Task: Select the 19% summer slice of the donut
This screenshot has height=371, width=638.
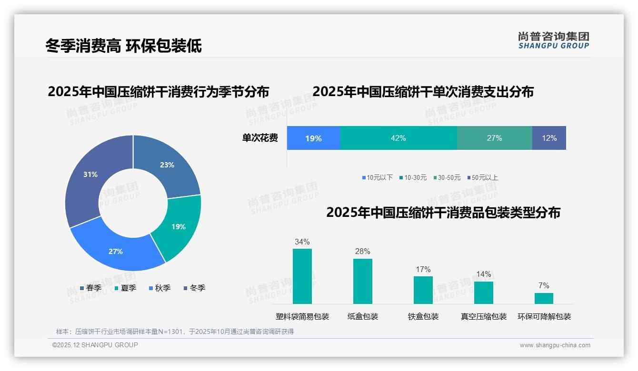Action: pyautogui.click(x=179, y=227)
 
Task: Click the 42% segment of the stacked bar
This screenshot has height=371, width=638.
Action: pyautogui.click(x=398, y=138)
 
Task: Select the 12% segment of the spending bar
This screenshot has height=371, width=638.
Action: pyautogui.click(x=549, y=138)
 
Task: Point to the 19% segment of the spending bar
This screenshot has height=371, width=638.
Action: pyautogui.click(x=313, y=138)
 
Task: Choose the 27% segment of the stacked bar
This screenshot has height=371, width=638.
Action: pyautogui.click(x=494, y=138)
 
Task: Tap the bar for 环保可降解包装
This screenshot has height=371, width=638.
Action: pyautogui.click(x=544, y=298)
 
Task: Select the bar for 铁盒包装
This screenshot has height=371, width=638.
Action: pyautogui.click(x=423, y=290)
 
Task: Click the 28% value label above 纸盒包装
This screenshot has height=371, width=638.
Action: pyautogui.click(x=362, y=252)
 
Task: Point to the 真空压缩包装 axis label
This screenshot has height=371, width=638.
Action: pyautogui.click(x=483, y=317)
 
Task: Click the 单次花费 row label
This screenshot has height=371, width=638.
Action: pyautogui.click(x=260, y=138)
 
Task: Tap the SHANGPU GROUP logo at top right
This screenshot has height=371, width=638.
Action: pyautogui.click(x=553, y=40)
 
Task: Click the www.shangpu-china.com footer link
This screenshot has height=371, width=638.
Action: pyautogui.click(x=555, y=345)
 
